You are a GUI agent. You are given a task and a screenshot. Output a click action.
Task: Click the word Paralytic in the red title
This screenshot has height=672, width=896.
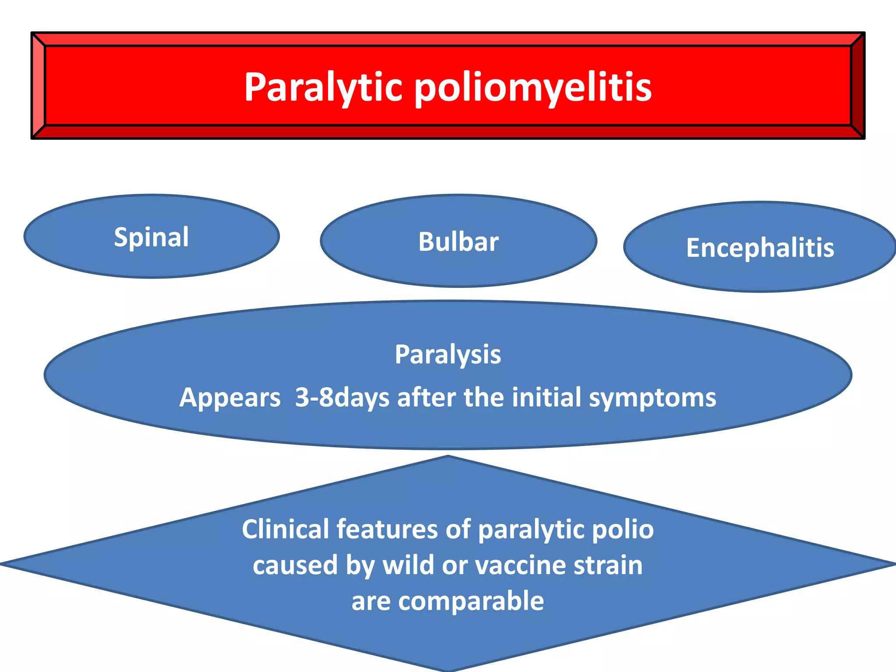tap(323, 87)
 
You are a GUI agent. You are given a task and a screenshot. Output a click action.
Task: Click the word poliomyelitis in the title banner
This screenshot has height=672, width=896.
tap(533, 87)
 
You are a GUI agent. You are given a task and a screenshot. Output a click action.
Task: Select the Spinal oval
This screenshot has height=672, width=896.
tap(151, 237)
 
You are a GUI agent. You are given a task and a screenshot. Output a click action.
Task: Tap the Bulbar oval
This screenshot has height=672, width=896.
tap(458, 241)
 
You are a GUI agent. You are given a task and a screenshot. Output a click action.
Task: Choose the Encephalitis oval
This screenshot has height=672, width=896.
tap(760, 248)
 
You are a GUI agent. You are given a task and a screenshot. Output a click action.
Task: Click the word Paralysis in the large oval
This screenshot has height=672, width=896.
tap(448, 354)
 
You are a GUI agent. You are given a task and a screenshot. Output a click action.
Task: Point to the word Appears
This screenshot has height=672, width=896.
tap(230, 398)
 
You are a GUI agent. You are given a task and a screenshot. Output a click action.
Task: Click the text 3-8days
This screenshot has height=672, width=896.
tap(342, 398)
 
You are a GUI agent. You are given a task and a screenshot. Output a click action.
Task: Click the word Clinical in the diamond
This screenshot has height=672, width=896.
tap(285, 529)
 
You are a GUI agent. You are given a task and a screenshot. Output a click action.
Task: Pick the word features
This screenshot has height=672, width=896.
tap(387, 529)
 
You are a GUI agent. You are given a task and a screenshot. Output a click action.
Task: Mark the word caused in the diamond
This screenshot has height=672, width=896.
tap(295, 565)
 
